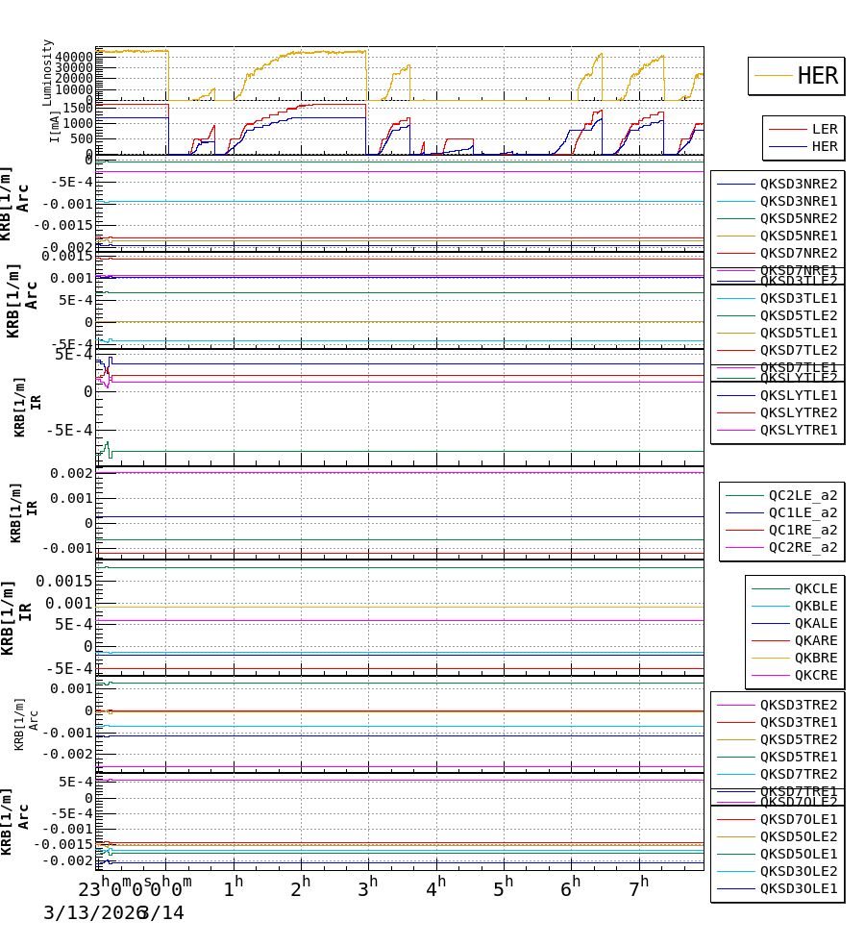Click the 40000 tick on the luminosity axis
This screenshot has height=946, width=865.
coord(74,57)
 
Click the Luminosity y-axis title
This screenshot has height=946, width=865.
coord(47,71)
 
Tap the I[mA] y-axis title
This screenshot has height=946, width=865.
coord(54,126)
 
